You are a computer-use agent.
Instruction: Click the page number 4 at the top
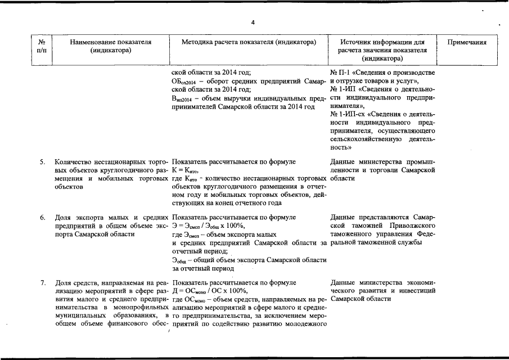point(253,22)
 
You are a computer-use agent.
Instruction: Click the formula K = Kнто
point(185,171)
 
